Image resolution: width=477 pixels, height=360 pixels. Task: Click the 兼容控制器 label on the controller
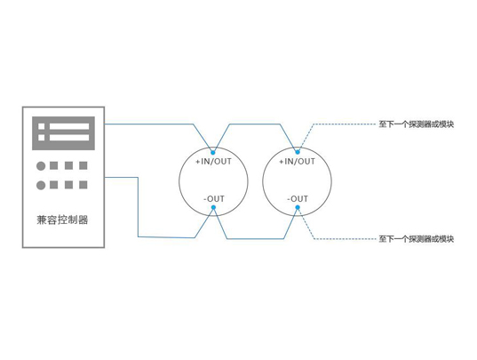coord(62,220)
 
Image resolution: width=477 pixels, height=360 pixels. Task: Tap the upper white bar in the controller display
coord(69,126)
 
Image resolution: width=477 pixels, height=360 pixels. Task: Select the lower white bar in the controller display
coord(69,138)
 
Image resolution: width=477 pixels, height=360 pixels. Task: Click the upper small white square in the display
coord(42,126)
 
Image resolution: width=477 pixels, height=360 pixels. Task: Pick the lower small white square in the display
coord(42,138)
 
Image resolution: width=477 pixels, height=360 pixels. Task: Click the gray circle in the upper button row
coord(41,166)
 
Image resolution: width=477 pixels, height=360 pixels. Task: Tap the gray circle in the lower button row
coord(41,185)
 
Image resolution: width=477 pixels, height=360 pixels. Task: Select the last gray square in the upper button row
coord(83,165)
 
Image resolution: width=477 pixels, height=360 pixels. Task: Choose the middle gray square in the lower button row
coord(68,185)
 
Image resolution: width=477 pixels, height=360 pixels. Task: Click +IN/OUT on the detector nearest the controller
coord(213,161)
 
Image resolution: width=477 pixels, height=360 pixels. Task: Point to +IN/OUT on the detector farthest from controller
coord(298,161)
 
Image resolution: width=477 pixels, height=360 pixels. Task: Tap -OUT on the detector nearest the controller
coord(214,199)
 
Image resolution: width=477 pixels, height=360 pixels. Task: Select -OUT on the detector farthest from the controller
coord(298,199)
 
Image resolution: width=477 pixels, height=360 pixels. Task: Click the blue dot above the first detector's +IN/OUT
coord(213,152)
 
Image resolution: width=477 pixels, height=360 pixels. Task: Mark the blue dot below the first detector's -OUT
coord(213,207)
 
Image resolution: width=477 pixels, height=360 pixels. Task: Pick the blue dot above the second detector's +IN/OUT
coord(298,152)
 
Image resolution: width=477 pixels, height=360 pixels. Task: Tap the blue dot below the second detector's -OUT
coord(298,207)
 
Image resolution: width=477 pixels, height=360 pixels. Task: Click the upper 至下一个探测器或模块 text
coord(417,124)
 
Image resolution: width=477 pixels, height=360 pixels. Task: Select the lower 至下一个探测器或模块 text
coord(417,239)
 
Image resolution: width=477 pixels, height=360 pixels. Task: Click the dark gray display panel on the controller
coord(63,133)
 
